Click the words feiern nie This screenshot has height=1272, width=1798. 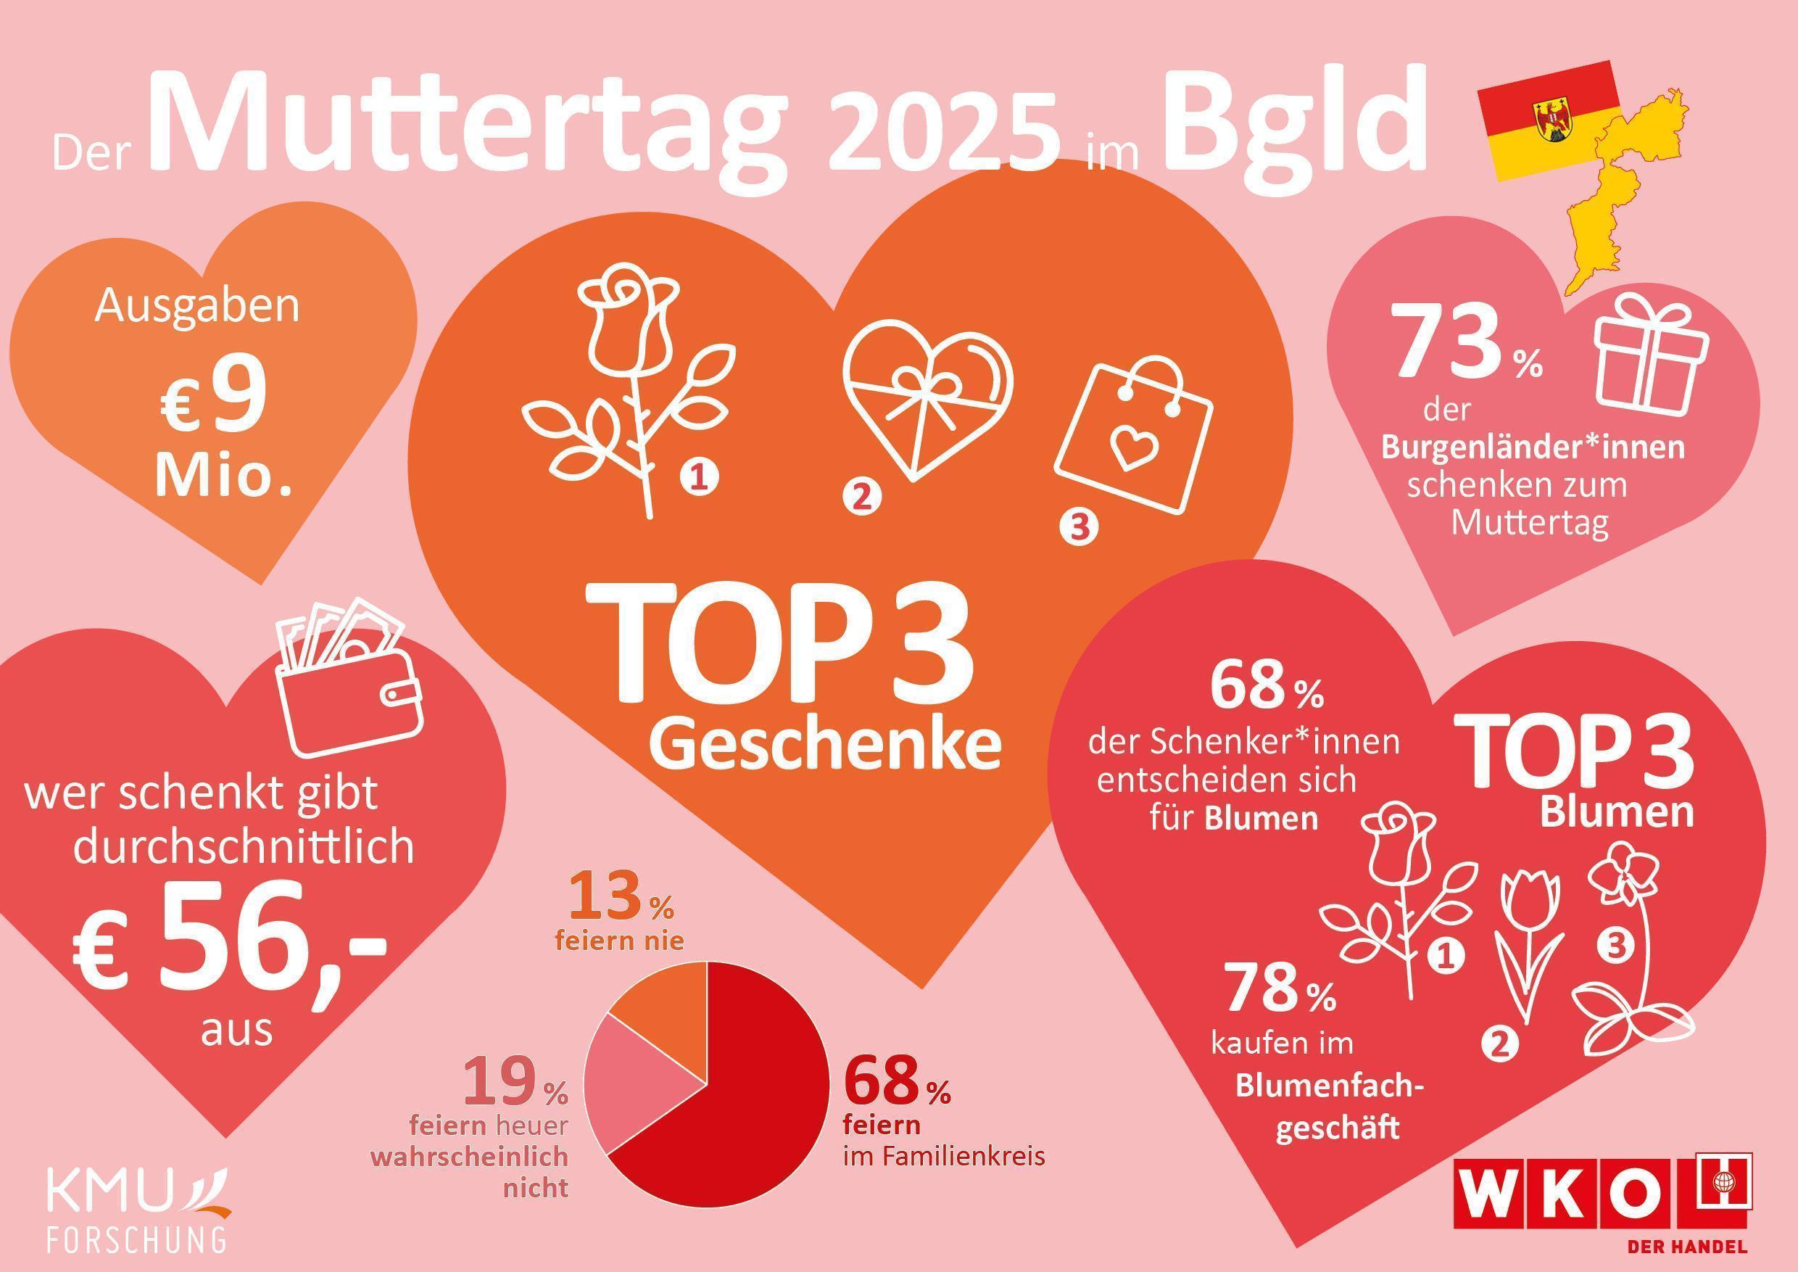coord(618,940)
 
